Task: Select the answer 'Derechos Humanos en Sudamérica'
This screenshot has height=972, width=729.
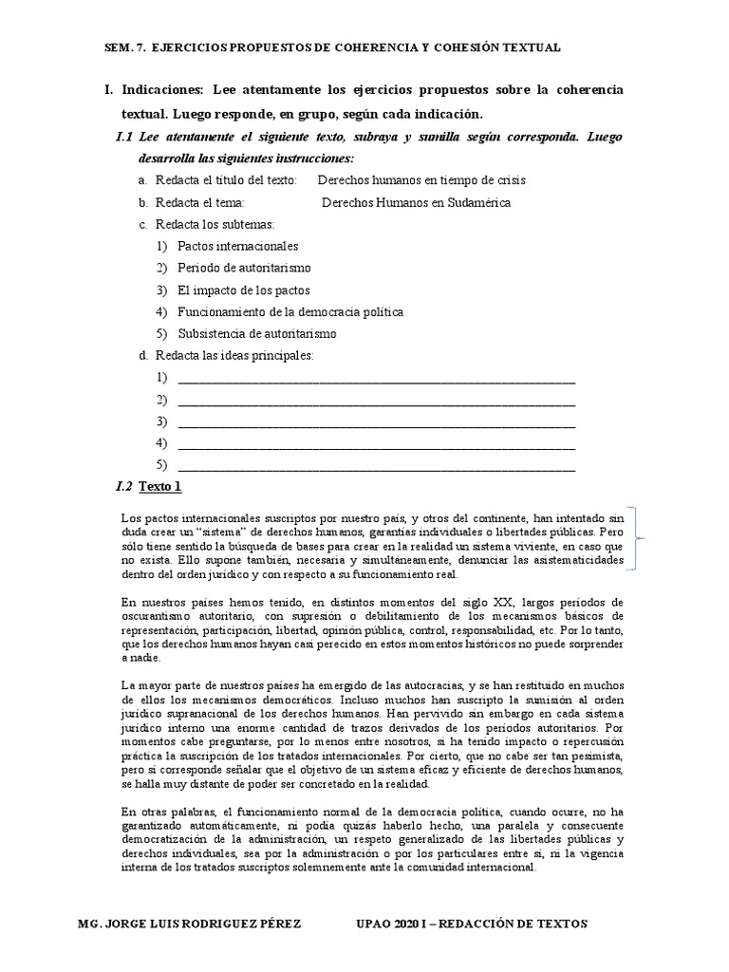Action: pos(416,202)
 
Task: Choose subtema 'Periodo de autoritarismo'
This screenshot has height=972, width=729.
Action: pos(244,268)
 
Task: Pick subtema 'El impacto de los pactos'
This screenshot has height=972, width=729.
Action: pos(243,290)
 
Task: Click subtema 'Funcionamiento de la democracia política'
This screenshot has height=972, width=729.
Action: pos(290,311)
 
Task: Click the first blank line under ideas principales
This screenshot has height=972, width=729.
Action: pos(376,378)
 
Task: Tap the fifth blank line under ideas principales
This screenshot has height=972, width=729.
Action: pos(376,465)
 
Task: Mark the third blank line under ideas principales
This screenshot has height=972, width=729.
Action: pos(376,421)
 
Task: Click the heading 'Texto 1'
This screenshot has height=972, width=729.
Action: pos(159,486)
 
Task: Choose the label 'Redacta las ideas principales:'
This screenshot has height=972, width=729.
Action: pos(232,355)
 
